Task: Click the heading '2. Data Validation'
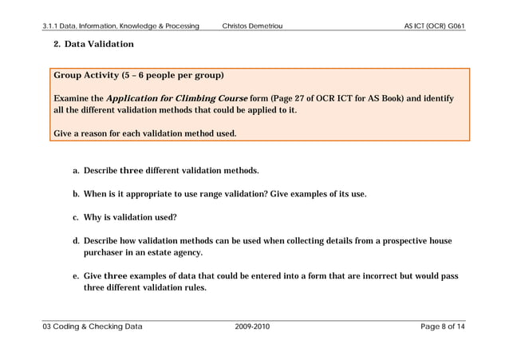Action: (93, 44)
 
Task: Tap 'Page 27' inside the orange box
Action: (290, 98)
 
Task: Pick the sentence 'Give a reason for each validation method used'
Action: (144, 133)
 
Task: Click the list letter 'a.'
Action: (77, 171)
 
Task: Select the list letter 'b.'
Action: (77, 194)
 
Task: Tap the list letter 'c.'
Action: (77, 217)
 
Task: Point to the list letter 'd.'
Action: (77, 240)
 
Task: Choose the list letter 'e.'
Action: (77, 276)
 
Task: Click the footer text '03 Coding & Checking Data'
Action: (93, 326)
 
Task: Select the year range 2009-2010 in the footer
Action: (253, 326)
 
